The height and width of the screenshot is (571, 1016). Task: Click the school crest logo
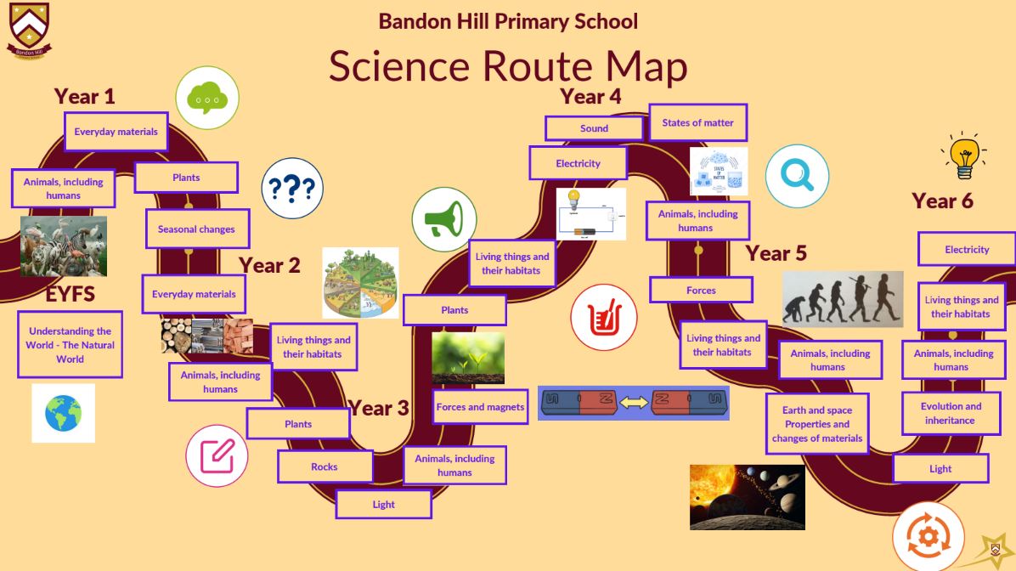(29, 31)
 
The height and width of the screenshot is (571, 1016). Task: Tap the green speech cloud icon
(207, 98)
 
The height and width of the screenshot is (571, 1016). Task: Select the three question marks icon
(292, 188)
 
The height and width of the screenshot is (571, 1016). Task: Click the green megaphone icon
(444, 220)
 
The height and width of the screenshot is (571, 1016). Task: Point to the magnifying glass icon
(797, 176)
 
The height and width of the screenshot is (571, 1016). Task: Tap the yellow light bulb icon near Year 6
(964, 155)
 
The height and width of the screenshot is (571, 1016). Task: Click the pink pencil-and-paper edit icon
(217, 455)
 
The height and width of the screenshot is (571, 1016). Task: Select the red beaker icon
(604, 318)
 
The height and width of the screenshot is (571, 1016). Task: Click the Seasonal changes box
(197, 229)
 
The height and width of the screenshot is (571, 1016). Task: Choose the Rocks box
(325, 466)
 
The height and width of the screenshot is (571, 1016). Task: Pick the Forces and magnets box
(480, 407)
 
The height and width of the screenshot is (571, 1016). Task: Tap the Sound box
(594, 128)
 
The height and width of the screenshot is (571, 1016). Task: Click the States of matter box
(697, 122)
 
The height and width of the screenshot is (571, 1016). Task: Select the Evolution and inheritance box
(951, 414)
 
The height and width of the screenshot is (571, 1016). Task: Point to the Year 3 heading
(379, 409)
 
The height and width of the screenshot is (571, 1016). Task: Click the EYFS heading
(70, 294)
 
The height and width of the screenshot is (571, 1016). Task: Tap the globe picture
(64, 414)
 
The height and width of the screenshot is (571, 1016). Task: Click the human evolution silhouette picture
(843, 299)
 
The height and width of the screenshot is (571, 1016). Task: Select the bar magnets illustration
(634, 403)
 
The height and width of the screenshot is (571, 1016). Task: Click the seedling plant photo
(468, 358)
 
